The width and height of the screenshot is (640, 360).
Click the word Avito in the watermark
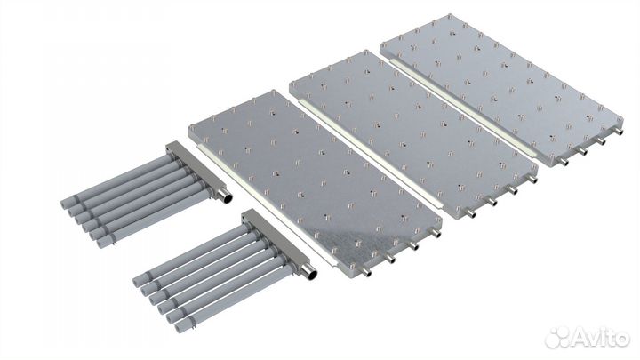point(601,338)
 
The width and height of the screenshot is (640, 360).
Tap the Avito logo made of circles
point(558,337)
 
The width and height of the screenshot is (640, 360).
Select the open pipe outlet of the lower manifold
point(311,275)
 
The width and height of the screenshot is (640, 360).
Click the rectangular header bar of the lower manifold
point(278,243)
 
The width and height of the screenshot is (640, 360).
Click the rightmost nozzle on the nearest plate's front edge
point(436,234)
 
